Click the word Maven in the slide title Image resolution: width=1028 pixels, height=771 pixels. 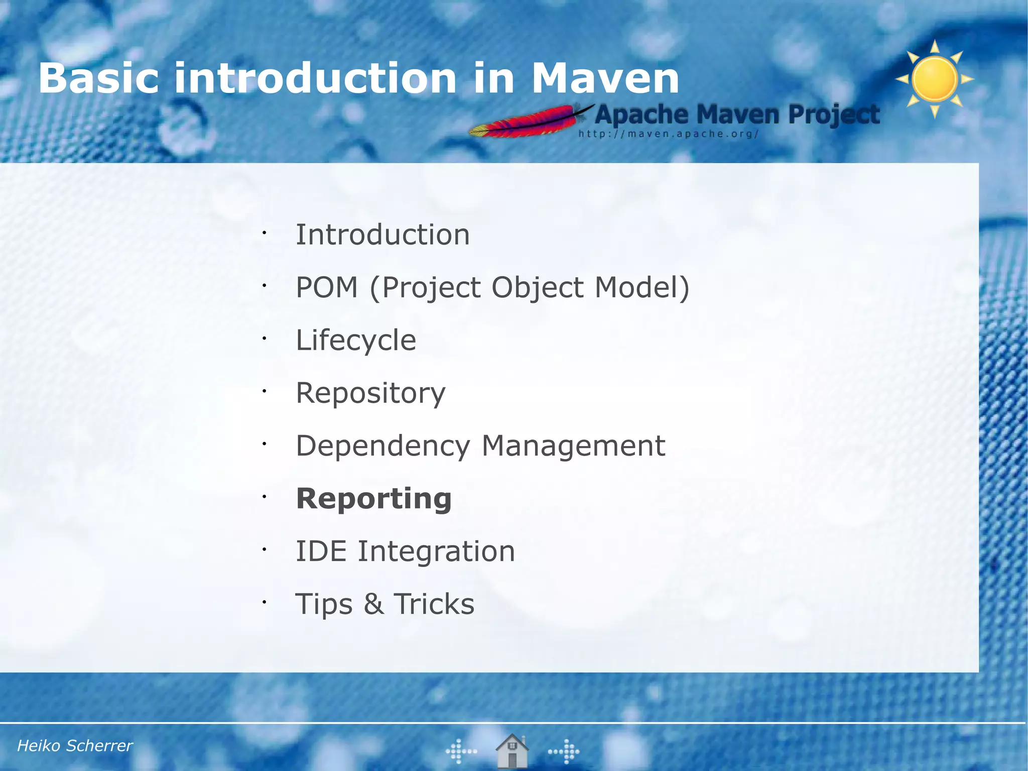click(x=605, y=79)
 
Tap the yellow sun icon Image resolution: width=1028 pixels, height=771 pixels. click(x=935, y=79)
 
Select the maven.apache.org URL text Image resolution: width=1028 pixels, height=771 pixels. click(x=668, y=134)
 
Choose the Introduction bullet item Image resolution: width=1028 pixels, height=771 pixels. click(x=382, y=235)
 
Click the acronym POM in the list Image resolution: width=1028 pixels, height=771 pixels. click(x=327, y=287)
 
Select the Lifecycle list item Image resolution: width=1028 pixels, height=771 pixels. click(x=356, y=340)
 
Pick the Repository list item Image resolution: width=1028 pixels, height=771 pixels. click(x=370, y=393)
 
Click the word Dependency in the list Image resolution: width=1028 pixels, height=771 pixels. click(x=383, y=446)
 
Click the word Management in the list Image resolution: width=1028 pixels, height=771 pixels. click(x=573, y=446)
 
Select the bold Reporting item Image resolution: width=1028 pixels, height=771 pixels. click(x=374, y=499)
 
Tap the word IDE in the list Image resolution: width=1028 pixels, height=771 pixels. click(x=321, y=551)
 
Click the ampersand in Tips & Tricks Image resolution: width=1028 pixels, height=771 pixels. click(x=373, y=604)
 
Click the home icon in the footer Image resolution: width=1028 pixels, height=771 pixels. click(x=512, y=750)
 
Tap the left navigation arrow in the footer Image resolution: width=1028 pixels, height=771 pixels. click(x=461, y=751)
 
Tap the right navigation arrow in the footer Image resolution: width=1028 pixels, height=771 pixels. click(x=564, y=751)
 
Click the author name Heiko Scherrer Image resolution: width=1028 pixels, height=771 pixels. click(x=75, y=746)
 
